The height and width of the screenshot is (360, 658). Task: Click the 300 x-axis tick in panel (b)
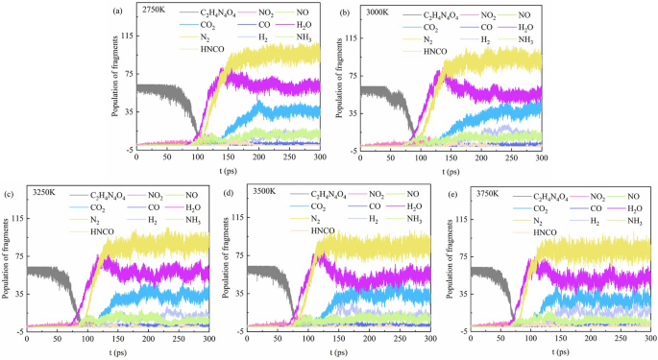click(542, 157)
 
